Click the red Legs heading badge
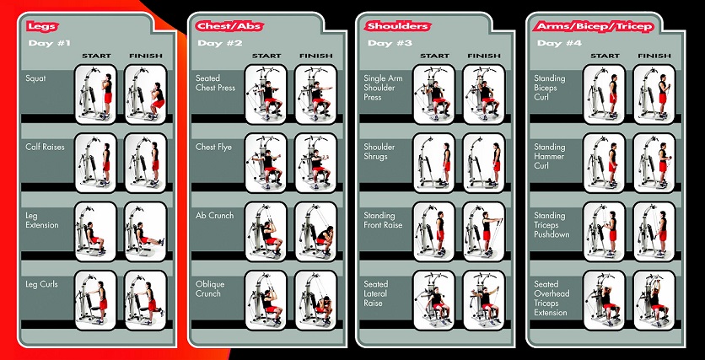(x=42, y=26)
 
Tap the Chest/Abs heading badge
(x=229, y=26)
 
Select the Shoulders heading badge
(x=397, y=26)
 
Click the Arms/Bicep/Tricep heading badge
(x=594, y=26)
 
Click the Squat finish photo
(x=145, y=94)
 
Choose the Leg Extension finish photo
(x=145, y=232)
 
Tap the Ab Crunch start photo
(x=266, y=232)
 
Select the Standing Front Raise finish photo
(x=484, y=232)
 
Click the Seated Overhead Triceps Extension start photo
(x=604, y=300)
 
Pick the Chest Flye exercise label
(x=213, y=147)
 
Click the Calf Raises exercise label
(x=45, y=147)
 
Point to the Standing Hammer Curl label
(x=550, y=157)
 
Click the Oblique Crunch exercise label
(x=210, y=289)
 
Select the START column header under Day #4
(x=605, y=56)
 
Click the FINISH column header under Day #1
(x=146, y=56)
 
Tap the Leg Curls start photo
(x=95, y=300)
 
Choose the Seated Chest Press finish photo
(x=315, y=94)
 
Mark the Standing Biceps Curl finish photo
(x=654, y=94)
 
